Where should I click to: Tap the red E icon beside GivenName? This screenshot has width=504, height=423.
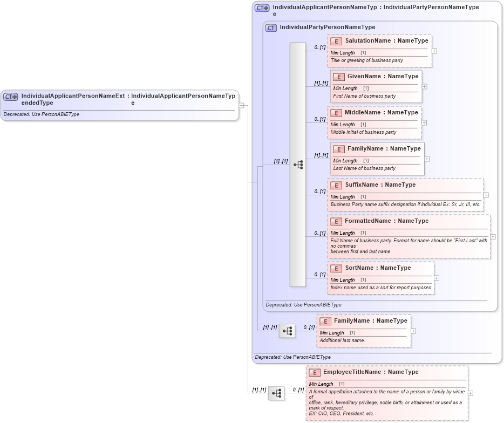[x=338, y=77]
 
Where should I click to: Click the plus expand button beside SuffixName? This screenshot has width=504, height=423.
[x=486, y=195]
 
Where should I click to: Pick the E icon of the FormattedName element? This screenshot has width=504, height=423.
[x=336, y=221]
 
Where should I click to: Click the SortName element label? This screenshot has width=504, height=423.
[x=359, y=268]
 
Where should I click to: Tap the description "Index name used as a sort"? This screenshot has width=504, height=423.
[x=380, y=288]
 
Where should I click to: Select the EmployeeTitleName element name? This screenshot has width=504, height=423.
[x=371, y=372]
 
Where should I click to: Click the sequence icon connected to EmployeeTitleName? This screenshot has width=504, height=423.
[x=276, y=393]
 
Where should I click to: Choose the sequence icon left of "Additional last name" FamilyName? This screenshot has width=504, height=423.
[x=287, y=331]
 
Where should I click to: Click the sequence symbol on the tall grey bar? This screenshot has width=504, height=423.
[x=298, y=165]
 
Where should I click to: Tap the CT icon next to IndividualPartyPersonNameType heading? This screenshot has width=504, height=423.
[x=271, y=28]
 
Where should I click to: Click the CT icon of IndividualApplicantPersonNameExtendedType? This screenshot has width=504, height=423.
[x=11, y=97]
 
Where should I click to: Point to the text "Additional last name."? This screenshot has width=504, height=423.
[x=342, y=340]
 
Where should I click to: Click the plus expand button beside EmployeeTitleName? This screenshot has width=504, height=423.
[x=471, y=393]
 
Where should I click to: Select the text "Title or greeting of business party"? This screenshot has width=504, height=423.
[x=366, y=60]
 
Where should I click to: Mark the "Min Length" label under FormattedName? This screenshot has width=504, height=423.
[x=343, y=233]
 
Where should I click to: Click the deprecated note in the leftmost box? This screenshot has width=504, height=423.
[x=41, y=114]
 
